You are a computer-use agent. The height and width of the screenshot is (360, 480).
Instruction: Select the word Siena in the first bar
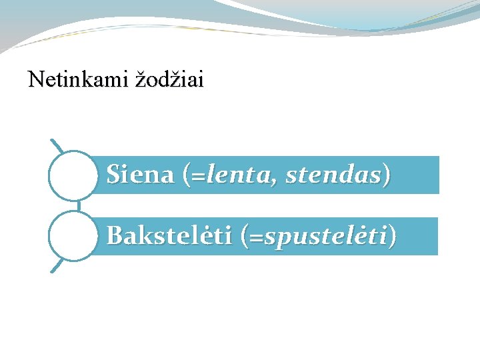(140, 175)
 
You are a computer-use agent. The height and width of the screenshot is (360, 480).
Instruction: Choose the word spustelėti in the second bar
(325, 236)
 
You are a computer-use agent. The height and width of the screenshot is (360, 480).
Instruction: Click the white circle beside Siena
(73, 175)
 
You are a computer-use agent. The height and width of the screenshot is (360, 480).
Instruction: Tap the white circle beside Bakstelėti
(73, 236)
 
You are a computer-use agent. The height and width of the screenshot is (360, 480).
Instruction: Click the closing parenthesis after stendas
(387, 175)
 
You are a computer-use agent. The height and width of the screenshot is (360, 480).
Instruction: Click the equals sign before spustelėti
(256, 237)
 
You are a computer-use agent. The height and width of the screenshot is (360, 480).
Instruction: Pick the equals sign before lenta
(197, 177)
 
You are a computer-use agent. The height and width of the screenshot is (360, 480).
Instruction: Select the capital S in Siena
(114, 175)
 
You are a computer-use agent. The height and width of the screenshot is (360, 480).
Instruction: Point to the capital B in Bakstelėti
(115, 236)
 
